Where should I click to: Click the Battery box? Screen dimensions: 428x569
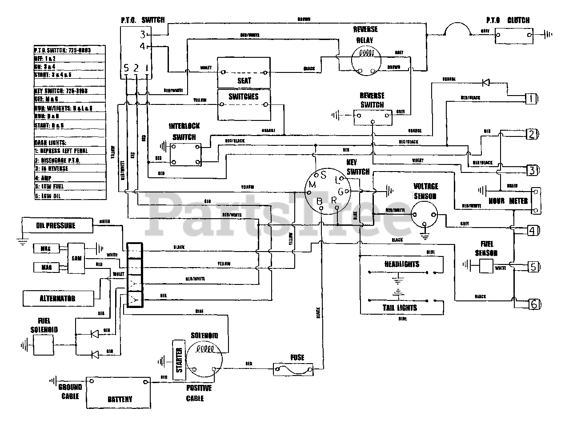pyautogui.click(x=119, y=392)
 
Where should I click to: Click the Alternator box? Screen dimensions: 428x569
pyautogui.click(x=58, y=298)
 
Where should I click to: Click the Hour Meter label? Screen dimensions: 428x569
pyautogui.click(x=509, y=201)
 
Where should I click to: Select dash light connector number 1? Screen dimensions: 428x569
pyautogui.click(x=531, y=99)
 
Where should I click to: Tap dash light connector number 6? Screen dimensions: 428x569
pyautogui.click(x=533, y=304)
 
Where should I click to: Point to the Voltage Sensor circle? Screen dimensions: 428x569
pyautogui.click(x=425, y=214)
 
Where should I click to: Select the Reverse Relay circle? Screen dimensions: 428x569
pyautogui.click(x=366, y=59)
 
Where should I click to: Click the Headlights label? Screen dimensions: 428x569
pyautogui.click(x=401, y=264)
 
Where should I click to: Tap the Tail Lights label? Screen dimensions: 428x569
pyautogui.click(x=400, y=308)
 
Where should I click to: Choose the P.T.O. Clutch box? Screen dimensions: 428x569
pyautogui.click(x=514, y=34)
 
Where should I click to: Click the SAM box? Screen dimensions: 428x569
pyautogui.click(x=76, y=258)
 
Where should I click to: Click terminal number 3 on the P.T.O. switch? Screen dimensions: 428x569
pyautogui.click(x=142, y=34)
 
